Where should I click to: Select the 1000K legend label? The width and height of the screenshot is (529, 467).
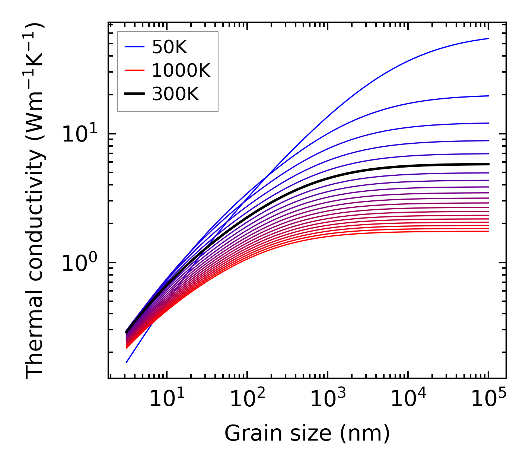pos(181,71)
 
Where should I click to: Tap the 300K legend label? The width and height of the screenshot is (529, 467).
pos(175,95)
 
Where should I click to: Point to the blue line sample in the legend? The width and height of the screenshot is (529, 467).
pos(134,47)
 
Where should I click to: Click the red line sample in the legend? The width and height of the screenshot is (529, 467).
pos(134,71)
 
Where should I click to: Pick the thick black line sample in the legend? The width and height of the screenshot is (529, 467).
pos(134,95)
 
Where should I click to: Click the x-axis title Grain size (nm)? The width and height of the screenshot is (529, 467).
pos(307,433)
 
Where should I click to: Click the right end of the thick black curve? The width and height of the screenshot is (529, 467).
pos(488,164)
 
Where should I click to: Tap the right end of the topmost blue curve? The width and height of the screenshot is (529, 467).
pos(488,38)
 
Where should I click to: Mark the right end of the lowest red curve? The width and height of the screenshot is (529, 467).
pos(488,231)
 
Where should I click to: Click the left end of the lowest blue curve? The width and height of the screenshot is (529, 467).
pos(127,362)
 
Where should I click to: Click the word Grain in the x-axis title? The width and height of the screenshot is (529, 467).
pos(246,433)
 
